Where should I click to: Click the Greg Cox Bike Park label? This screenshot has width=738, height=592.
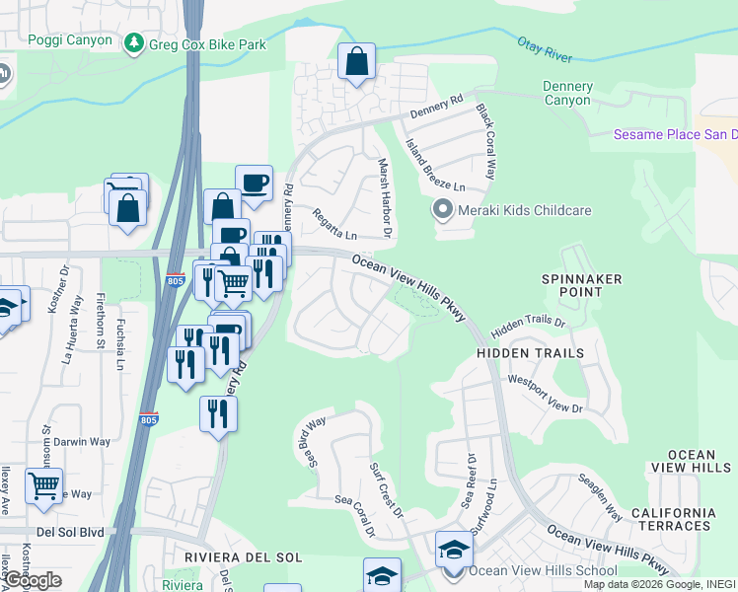tap(206, 43)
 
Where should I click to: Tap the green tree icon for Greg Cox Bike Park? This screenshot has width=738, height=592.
tap(132, 43)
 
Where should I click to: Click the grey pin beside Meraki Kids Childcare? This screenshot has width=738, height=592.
tap(443, 210)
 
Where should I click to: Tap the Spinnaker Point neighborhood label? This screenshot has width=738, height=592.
tap(582, 285)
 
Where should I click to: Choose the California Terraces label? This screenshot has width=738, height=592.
tap(673, 519)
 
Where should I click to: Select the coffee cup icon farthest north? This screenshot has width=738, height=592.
tap(254, 182)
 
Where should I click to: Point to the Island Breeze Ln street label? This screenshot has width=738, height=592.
tap(435, 165)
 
